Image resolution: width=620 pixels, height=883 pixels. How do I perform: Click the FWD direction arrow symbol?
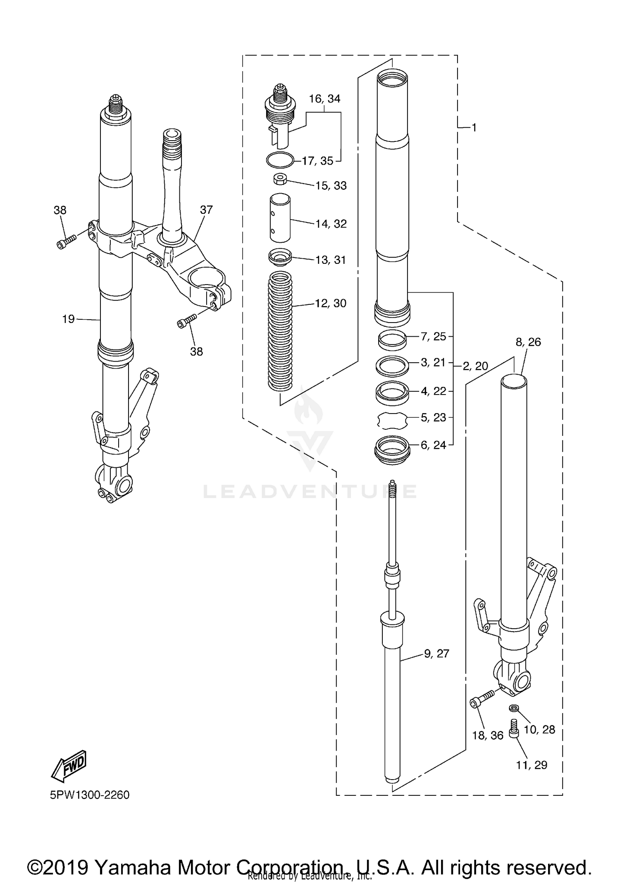pos(69,766)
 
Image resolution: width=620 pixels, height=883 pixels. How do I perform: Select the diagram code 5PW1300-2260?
pos(90,795)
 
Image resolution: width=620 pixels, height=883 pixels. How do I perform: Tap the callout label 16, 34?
pos(324,99)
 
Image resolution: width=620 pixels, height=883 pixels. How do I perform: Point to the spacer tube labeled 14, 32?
pos(280,218)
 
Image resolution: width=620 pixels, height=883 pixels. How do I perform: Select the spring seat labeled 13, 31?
pos(280,257)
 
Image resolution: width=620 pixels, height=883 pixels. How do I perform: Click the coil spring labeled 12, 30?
pos(280,331)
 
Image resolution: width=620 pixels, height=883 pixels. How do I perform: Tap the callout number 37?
pos(206,210)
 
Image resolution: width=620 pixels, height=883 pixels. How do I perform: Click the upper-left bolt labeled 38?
pos(67,242)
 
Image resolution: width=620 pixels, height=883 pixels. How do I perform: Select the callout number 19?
pos(68,319)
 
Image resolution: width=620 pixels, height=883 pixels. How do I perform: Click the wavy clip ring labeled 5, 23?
pos(392,420)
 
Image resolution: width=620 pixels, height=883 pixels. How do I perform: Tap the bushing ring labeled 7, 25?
pos(392,339)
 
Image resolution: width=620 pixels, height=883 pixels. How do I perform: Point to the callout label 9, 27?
pos(436,653)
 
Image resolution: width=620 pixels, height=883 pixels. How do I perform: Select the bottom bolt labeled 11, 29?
pos(514,728)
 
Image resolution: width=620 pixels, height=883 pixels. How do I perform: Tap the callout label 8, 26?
pos(528,342)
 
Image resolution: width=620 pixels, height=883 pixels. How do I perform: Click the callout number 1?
pos(474,128)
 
